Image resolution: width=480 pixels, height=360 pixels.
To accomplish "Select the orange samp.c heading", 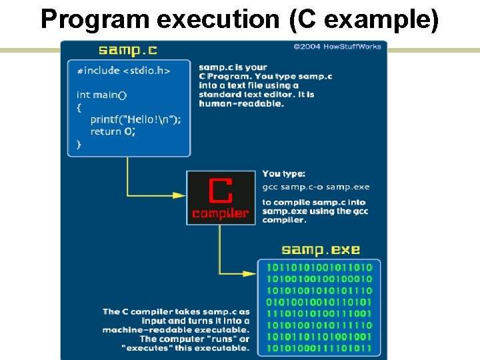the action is click(x=128, y=50).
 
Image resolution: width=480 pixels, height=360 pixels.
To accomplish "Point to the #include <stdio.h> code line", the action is click(x=123, y=71).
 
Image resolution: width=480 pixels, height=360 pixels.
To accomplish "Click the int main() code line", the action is click(x=101, y=95).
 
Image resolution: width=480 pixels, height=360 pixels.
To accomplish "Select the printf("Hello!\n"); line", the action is click(x=135, y=119).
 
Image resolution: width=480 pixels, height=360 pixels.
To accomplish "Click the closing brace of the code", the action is click(x=79, y=143).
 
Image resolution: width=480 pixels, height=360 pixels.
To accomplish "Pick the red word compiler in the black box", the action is click(x=221, y=213).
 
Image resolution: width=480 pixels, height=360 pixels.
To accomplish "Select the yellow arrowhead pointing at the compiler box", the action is click(x=179, y=195).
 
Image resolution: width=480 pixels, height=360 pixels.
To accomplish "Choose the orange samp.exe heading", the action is click(x=320, y=250).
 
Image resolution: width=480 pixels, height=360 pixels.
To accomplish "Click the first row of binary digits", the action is click(x=319, y=267).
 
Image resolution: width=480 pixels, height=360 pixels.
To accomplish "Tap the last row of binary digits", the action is click(x=319, y=348).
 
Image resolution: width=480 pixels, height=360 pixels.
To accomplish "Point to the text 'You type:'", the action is click(x=283, y=174).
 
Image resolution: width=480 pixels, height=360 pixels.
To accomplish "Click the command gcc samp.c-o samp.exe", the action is click(x=315, y=187).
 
